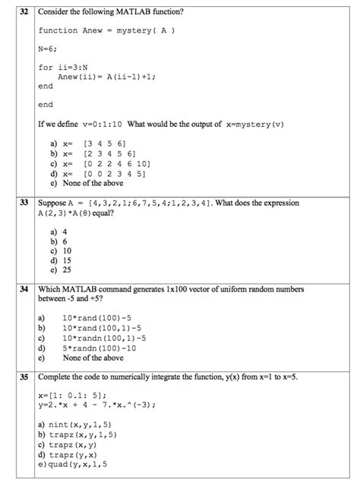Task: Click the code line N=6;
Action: pyautogui.click(x=49, y=49)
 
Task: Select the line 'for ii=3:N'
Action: pyautogui.click(x=63, y=68)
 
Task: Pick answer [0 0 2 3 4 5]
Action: pyautogui.click(x=111, y=172)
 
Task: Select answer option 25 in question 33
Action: pyautogui.click(x=67, y=269)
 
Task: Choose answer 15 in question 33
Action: pyautogui.click(x=67, y=260)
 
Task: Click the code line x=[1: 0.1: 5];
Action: pyautogui.click(x=74, y=395)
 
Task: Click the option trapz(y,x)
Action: pyautogui.click(x=77, y=454)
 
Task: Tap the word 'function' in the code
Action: pyautogui.click(x=58, y=31)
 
